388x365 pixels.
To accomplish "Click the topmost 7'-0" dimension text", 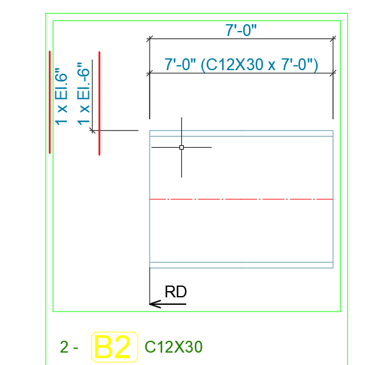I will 241,29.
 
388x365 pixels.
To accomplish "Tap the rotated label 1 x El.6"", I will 61,96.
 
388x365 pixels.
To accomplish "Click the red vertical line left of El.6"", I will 50,102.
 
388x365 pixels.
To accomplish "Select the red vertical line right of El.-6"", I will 99,103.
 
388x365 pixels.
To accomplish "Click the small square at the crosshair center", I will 181,147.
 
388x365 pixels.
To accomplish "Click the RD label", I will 176,292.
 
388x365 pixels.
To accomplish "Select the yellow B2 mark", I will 115,347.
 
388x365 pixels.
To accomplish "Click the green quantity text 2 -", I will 69,347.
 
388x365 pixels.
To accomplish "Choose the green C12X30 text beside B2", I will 173,347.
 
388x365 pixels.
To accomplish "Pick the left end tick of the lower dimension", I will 149,74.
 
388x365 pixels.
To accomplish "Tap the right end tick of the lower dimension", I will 333,74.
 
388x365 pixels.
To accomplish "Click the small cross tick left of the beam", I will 92,130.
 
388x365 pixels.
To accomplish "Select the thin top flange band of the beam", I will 241,133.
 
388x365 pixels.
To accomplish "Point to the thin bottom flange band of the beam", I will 241,265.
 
